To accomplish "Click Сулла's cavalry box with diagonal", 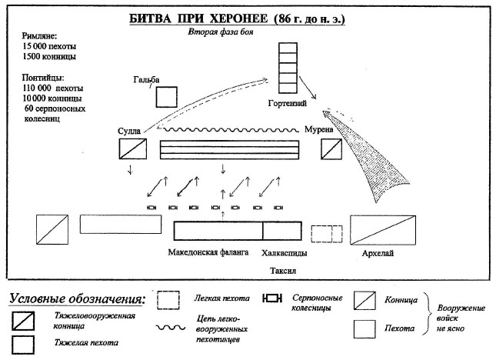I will (133, 148).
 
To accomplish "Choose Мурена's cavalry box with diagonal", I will (331, 148).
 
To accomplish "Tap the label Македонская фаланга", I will (208, 252).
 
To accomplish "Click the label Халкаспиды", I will (284, 252).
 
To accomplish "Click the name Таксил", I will (283, 271).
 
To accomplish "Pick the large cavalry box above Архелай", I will (381, 230).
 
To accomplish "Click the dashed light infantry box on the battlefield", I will (325, 232).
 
